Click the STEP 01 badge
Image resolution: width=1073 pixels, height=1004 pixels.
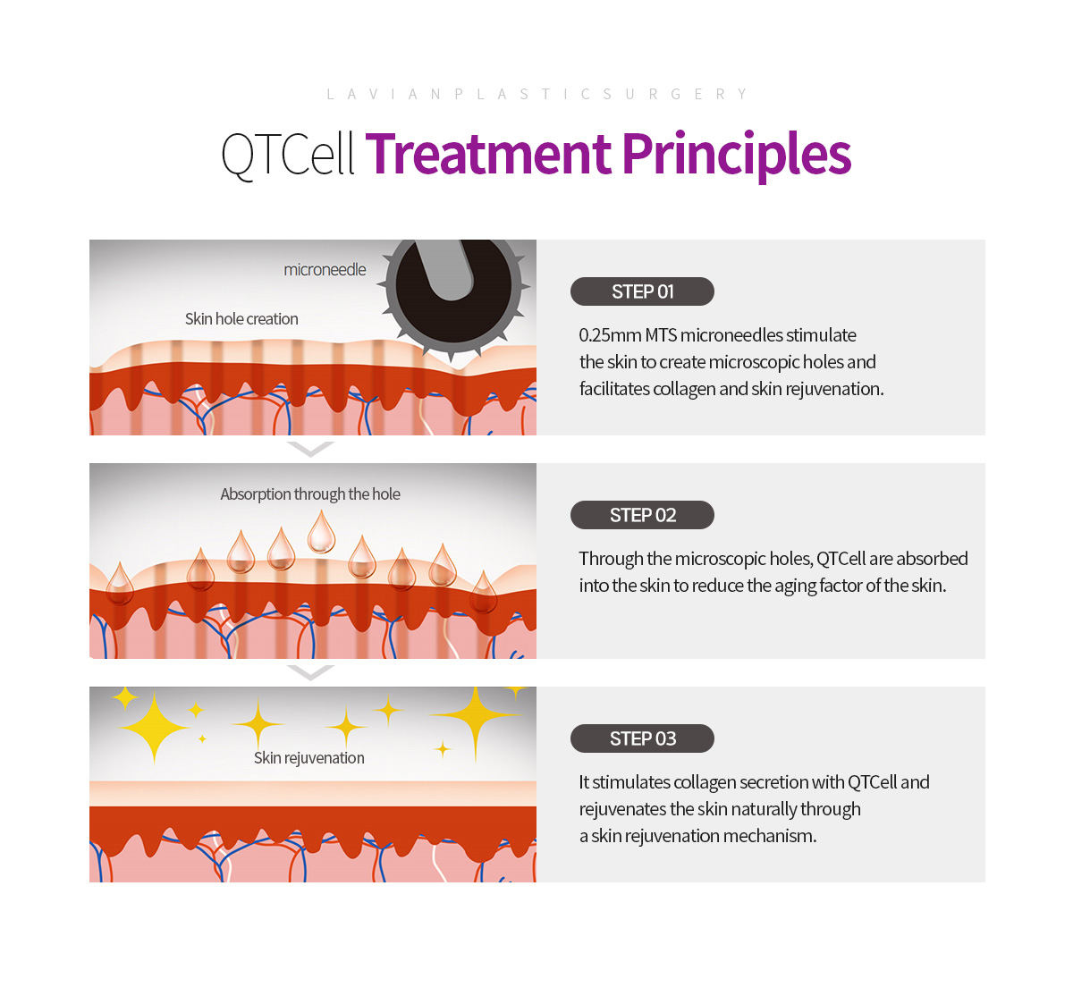(x=642, y=291)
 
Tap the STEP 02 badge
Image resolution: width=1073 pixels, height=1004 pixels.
(x=642, y=514)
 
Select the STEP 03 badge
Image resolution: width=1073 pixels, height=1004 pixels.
(x=642, y=738)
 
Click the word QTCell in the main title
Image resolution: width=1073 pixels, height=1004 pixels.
(x=288, y=155)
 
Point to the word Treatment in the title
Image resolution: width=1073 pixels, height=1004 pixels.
(x=488, y=155)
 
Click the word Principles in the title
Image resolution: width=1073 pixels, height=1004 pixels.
(x=737, y=156)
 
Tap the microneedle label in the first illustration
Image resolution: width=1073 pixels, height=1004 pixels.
(x=325, y=269)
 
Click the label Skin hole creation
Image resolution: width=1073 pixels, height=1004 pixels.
(x=241, y=319)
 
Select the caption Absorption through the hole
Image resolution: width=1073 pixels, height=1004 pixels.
(x=310, y=494)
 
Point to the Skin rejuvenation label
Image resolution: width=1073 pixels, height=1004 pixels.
(x=309, y=757)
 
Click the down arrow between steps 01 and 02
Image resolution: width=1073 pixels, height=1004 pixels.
(x=310, y=449)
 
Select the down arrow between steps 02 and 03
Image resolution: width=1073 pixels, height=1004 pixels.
(x=310, y=672)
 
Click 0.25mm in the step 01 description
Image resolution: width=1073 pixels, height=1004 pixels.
(x=610, y=335)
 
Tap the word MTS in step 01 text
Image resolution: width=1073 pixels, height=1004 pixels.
(x=661, y=335)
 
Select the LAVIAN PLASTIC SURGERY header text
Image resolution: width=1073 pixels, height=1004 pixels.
(x=536, y=94)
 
